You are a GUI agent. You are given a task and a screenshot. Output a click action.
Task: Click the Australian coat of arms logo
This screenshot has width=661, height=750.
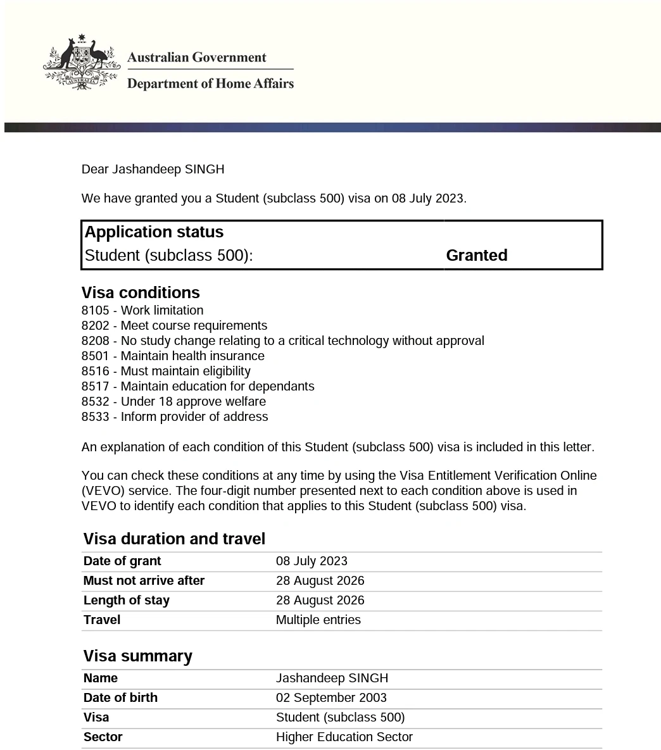click(x=81, y=63)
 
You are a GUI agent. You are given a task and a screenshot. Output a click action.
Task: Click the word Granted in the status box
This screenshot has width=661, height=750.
click(x=476, y=255)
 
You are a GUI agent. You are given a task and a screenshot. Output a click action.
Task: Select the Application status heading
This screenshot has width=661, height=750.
click(x=154, y=232)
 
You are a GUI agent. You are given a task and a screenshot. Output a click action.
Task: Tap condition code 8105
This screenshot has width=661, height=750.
click(x=95, y=311)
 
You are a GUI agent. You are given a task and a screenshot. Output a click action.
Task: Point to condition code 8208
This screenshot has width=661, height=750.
click(x=95, y=341)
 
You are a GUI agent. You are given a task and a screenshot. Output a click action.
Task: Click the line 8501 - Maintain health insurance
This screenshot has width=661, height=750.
click(x=173, y=356)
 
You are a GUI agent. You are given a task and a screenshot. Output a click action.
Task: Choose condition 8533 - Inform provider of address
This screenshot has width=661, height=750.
click(x=175, y=417)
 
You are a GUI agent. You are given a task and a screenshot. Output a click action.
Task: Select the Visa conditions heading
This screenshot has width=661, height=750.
click(x=141, y=292)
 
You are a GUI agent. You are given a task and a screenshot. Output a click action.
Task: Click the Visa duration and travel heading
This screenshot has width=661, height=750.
click(x=174, y=539)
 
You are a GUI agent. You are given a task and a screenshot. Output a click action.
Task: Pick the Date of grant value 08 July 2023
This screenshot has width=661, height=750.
click(x=312, y=561)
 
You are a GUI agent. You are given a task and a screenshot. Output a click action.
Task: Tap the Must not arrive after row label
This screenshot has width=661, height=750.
click(x=144, y=581)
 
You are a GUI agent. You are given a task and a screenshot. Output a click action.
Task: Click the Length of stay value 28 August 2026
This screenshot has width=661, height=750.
click(x=320, y=601)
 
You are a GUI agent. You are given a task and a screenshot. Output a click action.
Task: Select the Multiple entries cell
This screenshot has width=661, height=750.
click(x=318, y=620)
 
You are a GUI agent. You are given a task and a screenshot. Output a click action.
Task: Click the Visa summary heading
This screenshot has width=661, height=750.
click(x=137, y=656)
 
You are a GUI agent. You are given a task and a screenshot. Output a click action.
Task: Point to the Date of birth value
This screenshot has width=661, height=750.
click(x=331, y=698)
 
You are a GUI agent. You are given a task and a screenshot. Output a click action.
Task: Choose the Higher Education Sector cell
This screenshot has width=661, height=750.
click(x=344, y=737)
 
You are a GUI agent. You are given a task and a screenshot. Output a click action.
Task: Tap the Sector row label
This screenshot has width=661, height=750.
click(x=103, y=737)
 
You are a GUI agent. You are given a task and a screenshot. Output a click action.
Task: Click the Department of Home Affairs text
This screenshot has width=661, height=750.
click(x=210, y=84)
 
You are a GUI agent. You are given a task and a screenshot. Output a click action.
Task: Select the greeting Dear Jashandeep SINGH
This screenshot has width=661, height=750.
click(x=153, y=170)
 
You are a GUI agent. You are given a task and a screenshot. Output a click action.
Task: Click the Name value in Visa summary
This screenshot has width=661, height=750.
click(x=332, y=678)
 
